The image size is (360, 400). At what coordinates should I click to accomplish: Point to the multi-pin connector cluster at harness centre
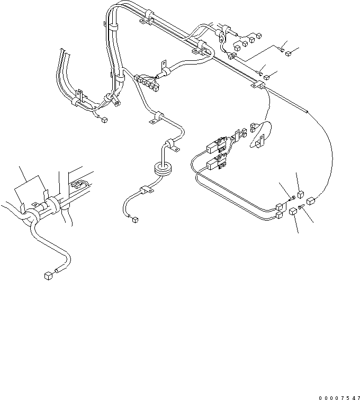(x=146, y=81)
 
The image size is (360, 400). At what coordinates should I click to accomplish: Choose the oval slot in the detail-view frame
(x=78, y=185)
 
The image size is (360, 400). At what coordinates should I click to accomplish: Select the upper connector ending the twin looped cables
(x=280, y=206)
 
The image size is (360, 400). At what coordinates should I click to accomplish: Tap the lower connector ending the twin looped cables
(x=278, y=216)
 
